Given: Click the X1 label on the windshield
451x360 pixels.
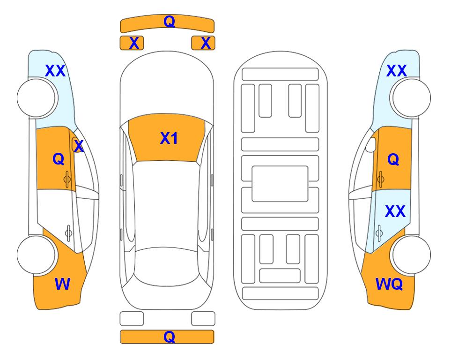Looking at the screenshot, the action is tap(169, 138).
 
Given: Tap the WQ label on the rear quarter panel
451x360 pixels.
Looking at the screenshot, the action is tap(389, 284).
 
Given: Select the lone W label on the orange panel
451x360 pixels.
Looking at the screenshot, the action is tap(62, 284).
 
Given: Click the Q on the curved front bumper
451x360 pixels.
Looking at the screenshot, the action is tap(170, 21).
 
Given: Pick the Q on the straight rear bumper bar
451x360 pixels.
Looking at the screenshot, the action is tap(170, 337).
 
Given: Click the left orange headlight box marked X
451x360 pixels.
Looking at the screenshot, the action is tap(132, 43).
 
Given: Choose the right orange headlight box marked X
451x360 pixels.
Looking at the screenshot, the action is tap(203, 43).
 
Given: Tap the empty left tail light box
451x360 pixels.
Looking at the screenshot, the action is tap(132, 319).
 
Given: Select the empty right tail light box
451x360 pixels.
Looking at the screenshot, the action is tap(203, 319).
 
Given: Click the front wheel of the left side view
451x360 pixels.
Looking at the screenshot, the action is tap(37, 98).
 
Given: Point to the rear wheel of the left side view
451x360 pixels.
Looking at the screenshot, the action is tap(37, 255).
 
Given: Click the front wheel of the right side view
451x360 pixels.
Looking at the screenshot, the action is tap(411, 98).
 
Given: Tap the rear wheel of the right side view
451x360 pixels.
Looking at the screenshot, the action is tap(411, 255).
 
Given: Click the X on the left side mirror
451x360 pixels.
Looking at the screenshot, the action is tap(79, 146).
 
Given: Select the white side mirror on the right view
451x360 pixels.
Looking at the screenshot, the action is tap(371, 144).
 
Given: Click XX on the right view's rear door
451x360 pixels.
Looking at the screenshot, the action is tap(395, 211).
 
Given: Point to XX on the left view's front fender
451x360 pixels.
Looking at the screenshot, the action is tap(55, 71).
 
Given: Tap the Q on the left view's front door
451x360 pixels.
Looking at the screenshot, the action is tap(59, 159).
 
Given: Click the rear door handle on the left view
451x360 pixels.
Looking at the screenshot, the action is tap(68, 232).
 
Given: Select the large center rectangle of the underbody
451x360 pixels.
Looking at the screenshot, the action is tap(280, 184).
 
